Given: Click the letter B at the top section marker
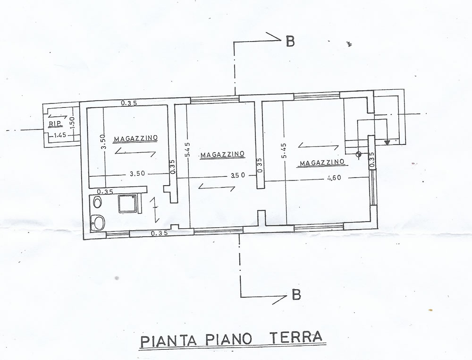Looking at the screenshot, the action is (x=290, y=41).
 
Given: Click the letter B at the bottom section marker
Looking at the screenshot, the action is (x=296, y=294).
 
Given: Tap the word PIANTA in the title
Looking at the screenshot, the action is (x=169, y=341).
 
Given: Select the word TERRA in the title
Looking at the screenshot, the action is (x=295, y=337).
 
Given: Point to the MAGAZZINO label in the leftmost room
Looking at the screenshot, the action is (x=135, y=138).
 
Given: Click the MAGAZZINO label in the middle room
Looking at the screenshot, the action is (x=222, y=154).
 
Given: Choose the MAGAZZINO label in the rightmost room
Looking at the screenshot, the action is (x=322, y=163).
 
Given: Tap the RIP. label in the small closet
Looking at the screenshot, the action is (x=56, y=123).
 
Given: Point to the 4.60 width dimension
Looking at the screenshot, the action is (x=334, y=178).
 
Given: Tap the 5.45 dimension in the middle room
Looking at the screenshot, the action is (x=187, y=150).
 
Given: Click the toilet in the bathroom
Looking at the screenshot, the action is (x=97, y=202).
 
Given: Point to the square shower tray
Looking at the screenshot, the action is (x=127, y=204).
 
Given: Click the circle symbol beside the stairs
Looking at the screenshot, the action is (x=359, y=154).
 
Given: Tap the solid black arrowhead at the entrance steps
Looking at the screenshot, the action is (x=387, y=142).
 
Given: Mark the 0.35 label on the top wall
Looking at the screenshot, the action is (x=129, y=103).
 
